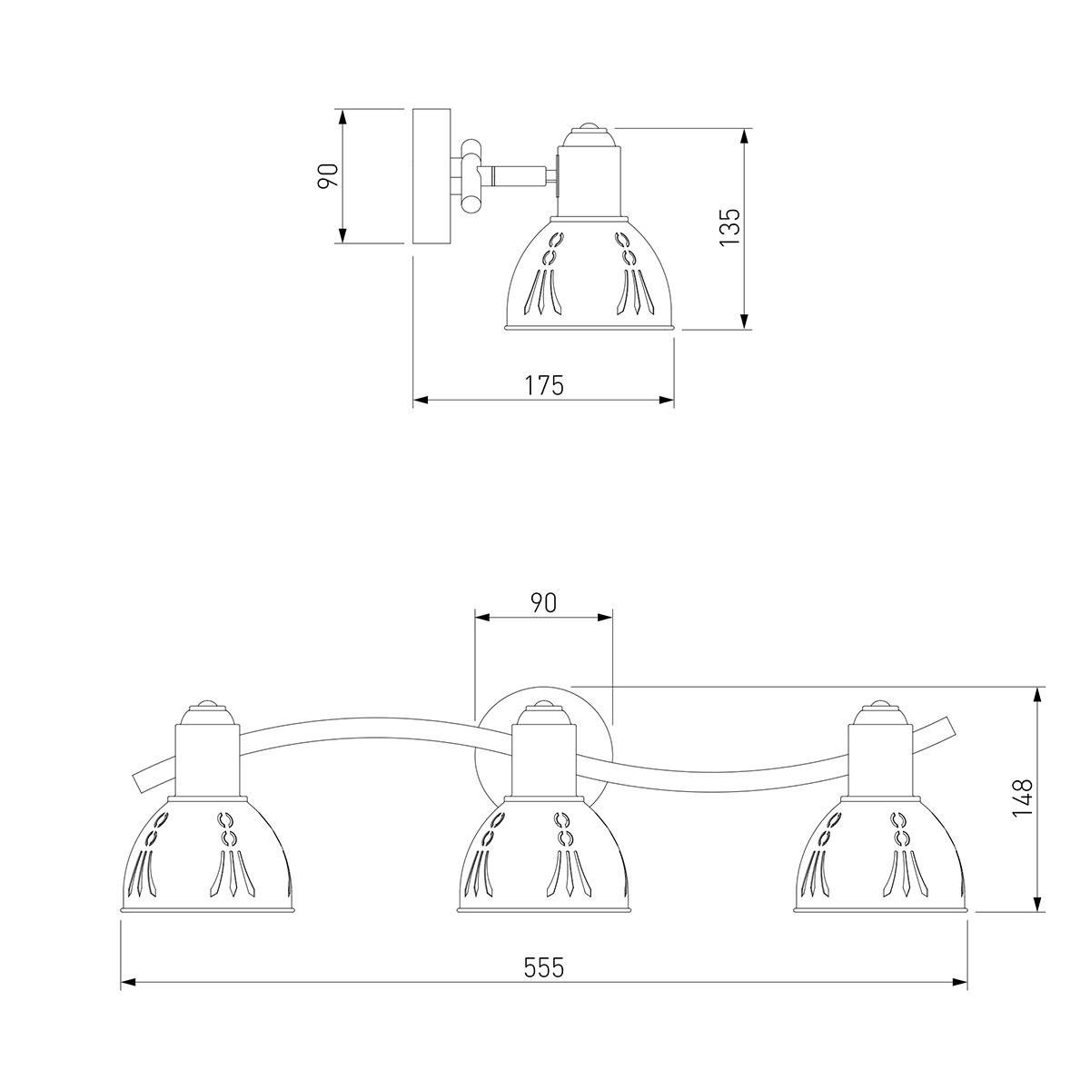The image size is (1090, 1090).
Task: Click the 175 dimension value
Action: coord(544,385)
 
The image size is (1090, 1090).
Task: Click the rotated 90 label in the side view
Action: coord(328,175)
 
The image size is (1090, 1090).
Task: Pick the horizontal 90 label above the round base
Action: coord(543,603)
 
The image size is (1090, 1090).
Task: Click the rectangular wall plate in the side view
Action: coord(431,176)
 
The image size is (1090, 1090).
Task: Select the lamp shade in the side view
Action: coord(589,272)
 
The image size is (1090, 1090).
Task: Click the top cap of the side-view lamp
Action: coord(590,134)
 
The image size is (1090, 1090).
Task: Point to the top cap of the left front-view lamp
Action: coord(207,713)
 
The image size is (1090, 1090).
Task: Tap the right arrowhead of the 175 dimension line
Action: coord(667,401)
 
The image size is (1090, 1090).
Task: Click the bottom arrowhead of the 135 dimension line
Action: coord(745,322)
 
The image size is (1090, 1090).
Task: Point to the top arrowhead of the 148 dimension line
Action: coord(1038,695)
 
